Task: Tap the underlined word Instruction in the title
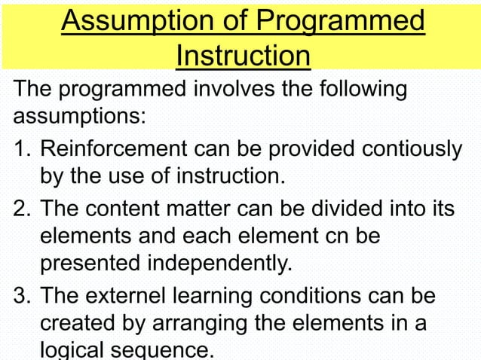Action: coord(243,55)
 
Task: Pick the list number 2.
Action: coord(20,206)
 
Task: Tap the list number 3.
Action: coord(20,295)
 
